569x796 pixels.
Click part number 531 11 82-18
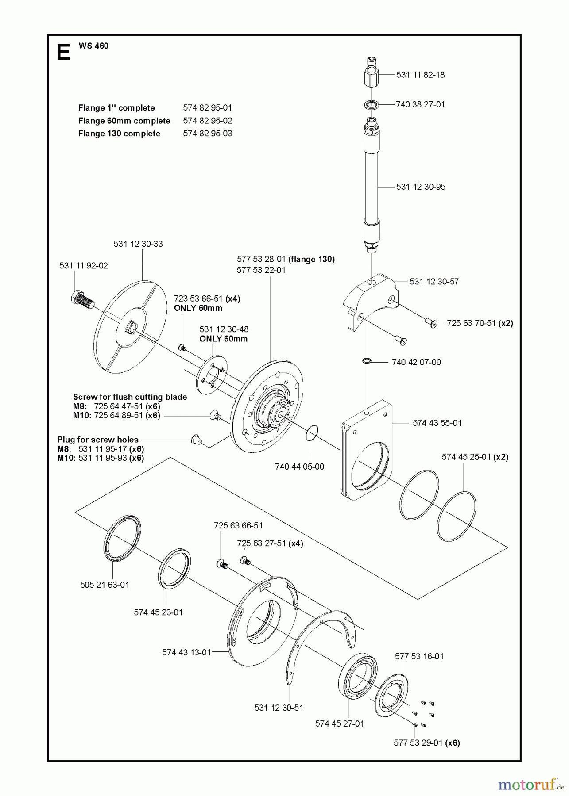pos(420,75)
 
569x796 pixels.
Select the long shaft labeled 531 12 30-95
pos(372,186)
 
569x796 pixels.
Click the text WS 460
pos(93,46)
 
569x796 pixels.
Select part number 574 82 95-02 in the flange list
pos(207,121)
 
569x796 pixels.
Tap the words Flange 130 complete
pos(119,134)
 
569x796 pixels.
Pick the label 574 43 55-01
pos(437,423)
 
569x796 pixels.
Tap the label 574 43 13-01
pos(186,652)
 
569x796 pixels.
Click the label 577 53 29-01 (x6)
pos(426,743)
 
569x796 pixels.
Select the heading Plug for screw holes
pos(98,440)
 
